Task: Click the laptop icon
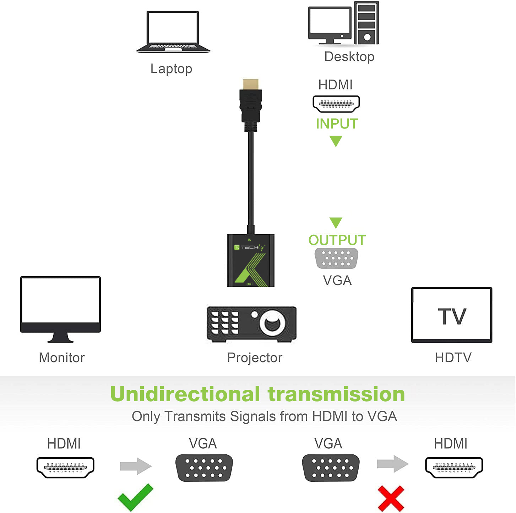pyautogui.click(x=173, y=32)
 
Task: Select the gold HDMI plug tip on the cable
pyautogui.click(x=251, y=84)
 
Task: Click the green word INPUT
pyautogui.click(x=337, y=124)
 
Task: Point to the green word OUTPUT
pyautogui.click(x=337, y=240)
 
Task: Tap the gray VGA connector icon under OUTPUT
pyautogui.click(x=336, y=258)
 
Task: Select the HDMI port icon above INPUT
pyautogui.click(x=336, y=104)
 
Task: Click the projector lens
pyautogui.click(x=272, y=323)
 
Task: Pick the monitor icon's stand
pyautogui.click(x=60, y=337)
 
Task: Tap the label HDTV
pyautogui.click(x=453, y=358)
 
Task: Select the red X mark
pyautogui.click(x=391, y=498)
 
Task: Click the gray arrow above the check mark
pyautogui.click(x=136, y=466)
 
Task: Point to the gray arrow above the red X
pyautogui.click(x=392, y=464)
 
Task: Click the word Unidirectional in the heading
pyautogui.click(x=185, y=394)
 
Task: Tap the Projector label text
pyautogui.click(x=255, y=358)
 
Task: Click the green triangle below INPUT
pyautogui.click(x=336, y=141)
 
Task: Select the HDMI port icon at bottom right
pyautogui.click(x=454, y=467)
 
